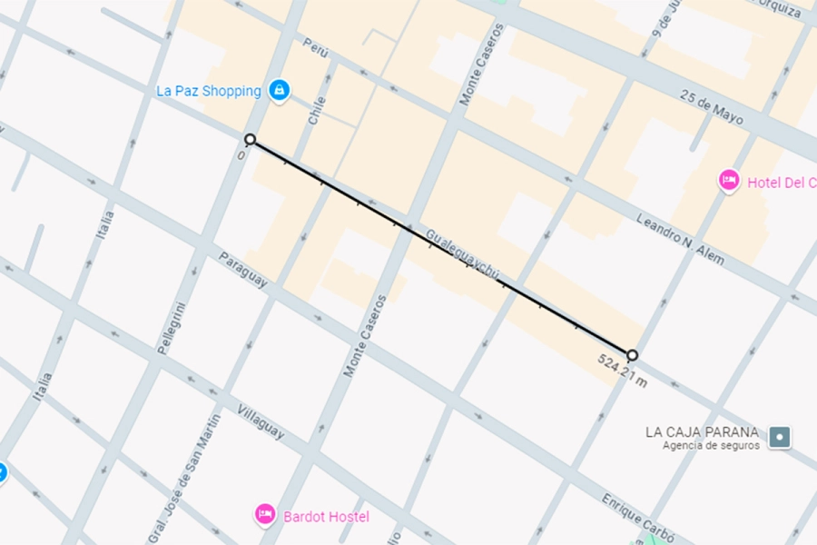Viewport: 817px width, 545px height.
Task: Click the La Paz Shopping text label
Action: point(208,91)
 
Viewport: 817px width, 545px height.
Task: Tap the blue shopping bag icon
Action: point(280,90)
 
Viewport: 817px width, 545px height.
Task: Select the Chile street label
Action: point(317,112)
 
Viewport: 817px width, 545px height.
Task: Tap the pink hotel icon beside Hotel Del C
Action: point(728,182)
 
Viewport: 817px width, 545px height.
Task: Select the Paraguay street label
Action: point(242,271)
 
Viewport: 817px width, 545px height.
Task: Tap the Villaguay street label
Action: point(261,422)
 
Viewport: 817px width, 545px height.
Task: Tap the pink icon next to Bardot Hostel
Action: point(264,514)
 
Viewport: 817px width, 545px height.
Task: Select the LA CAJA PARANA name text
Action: point(702,431)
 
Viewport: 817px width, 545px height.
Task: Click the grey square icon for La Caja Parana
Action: point(779,437)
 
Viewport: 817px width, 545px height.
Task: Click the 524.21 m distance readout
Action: point(622,371)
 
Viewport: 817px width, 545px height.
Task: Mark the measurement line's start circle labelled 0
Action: point(250,139)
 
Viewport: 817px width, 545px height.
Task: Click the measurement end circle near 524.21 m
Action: point(632,354)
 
